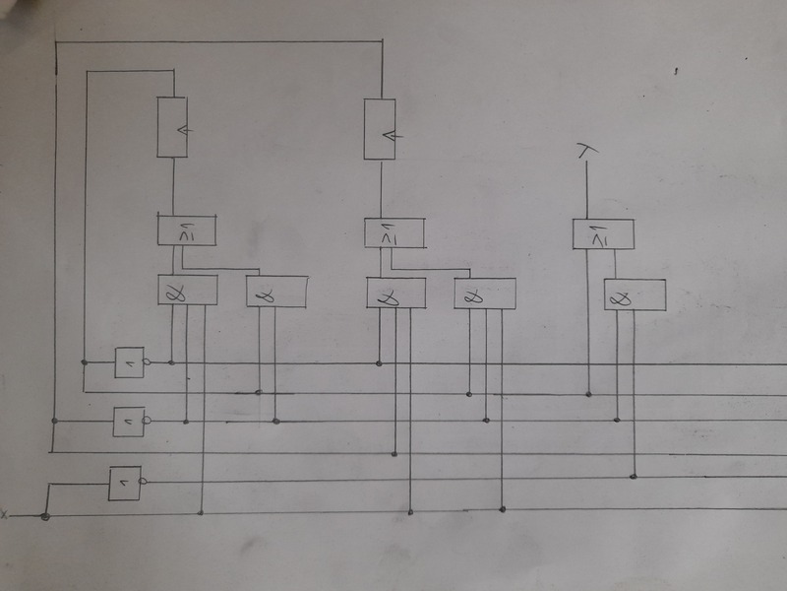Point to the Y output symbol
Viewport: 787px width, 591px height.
tap(586, 151)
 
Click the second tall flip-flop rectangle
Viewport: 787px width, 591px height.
tap(380, 128)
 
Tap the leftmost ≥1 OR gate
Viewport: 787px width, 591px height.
tap(187, 230)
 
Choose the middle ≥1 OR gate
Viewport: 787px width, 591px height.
tap(394, 233)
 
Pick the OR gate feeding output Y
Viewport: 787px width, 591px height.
tap(603, 233)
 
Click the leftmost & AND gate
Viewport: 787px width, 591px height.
tap(187, 290)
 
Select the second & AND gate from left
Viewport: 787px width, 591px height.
tap(276, 293)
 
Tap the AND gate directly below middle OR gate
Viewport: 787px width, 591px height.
tap(395, 293)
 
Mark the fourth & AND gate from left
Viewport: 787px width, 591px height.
tap(484, 295)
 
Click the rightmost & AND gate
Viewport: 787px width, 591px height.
tap(635, 295)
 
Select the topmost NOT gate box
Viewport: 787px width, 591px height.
tap(129, 362)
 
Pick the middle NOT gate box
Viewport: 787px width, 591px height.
tap(129, 421)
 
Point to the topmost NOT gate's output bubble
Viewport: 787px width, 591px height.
tap(149, 362)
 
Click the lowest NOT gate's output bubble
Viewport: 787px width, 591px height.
tap(144, 481)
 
